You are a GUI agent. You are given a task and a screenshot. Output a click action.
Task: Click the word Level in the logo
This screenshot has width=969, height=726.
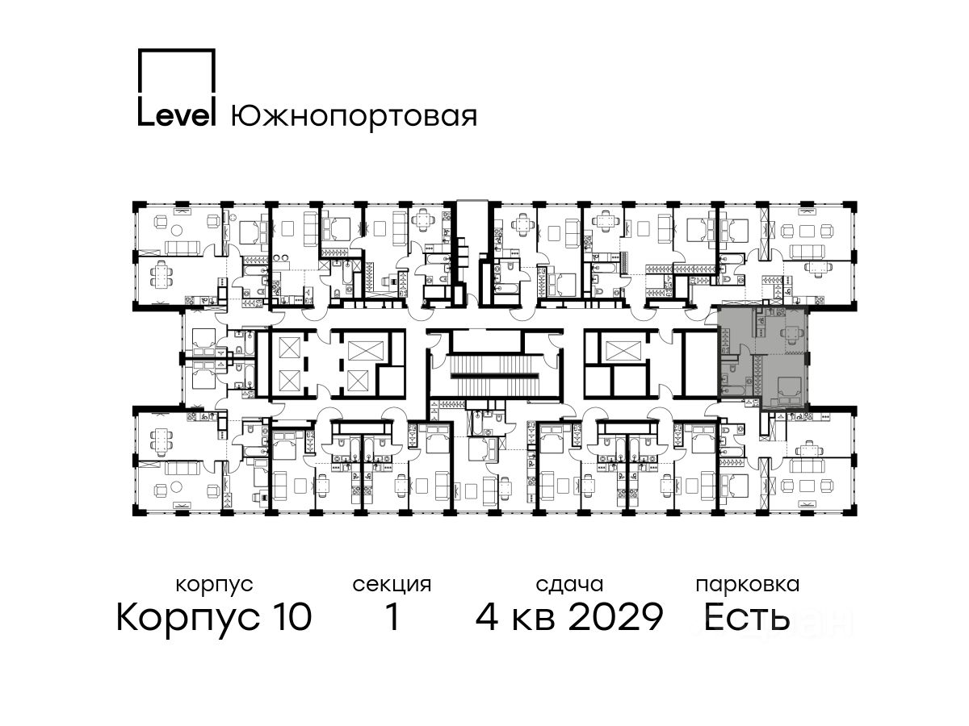coord(177,116)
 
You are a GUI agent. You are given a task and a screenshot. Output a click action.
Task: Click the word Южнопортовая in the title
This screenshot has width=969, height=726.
coord(354,117)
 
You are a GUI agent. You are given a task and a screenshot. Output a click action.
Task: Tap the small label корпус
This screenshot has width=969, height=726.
coord(214,586)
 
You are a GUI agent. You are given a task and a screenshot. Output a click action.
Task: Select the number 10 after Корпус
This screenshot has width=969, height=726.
coord(289,616)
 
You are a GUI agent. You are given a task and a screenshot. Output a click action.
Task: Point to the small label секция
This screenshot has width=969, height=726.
coord(392,586)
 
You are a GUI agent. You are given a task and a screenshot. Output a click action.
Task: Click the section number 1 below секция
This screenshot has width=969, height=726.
coord(392,616)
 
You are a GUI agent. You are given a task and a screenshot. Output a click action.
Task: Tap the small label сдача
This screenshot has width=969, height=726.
coord(569,585)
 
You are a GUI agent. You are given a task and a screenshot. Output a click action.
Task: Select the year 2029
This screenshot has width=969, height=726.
coord(616,616)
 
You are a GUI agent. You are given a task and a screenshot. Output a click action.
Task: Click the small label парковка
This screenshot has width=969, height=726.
coord(748,586)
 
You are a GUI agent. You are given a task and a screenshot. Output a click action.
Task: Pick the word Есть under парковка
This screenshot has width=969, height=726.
coord(746,617)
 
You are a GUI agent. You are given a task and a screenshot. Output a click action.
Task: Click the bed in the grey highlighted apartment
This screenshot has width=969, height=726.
coord(789,390)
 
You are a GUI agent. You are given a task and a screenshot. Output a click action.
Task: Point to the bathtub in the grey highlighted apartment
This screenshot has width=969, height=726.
coord(733,390)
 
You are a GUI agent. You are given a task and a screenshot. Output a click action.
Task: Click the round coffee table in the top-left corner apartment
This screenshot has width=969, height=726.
coord(177,229)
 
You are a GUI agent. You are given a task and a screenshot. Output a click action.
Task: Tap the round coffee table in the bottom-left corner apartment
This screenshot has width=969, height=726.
coord(177,486)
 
